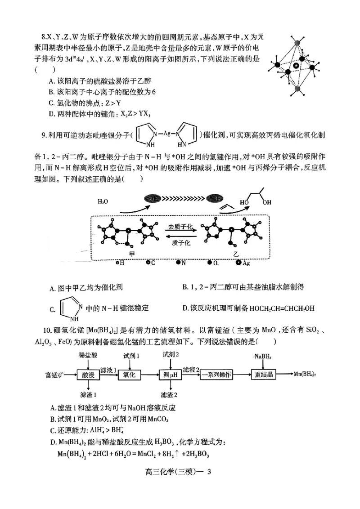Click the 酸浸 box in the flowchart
(88, 375)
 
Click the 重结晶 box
(263, 375)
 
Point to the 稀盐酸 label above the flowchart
(88, 356)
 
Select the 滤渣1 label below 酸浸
(89, 395)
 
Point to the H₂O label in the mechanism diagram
(103, 202)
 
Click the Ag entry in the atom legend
(243, 263)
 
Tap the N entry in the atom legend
(180, 263)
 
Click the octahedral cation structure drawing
(296, 67)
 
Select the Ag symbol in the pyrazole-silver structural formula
(166, 133)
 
